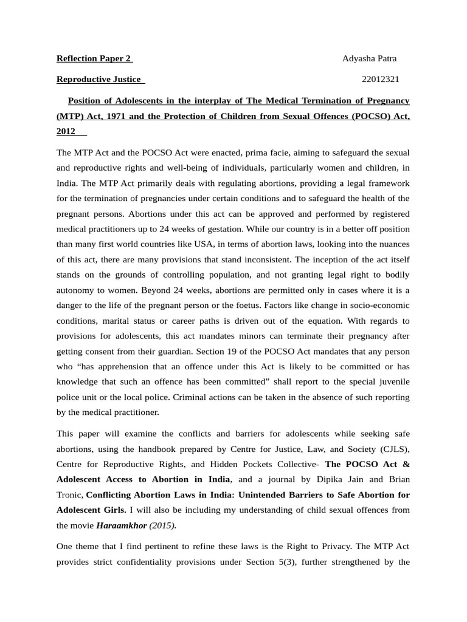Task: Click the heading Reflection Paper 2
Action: coord(94,59)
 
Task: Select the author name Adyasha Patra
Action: coord(369,59)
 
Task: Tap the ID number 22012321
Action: coord(381,80)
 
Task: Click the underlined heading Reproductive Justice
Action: coord(99,80)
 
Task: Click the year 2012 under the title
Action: coord(66,131)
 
